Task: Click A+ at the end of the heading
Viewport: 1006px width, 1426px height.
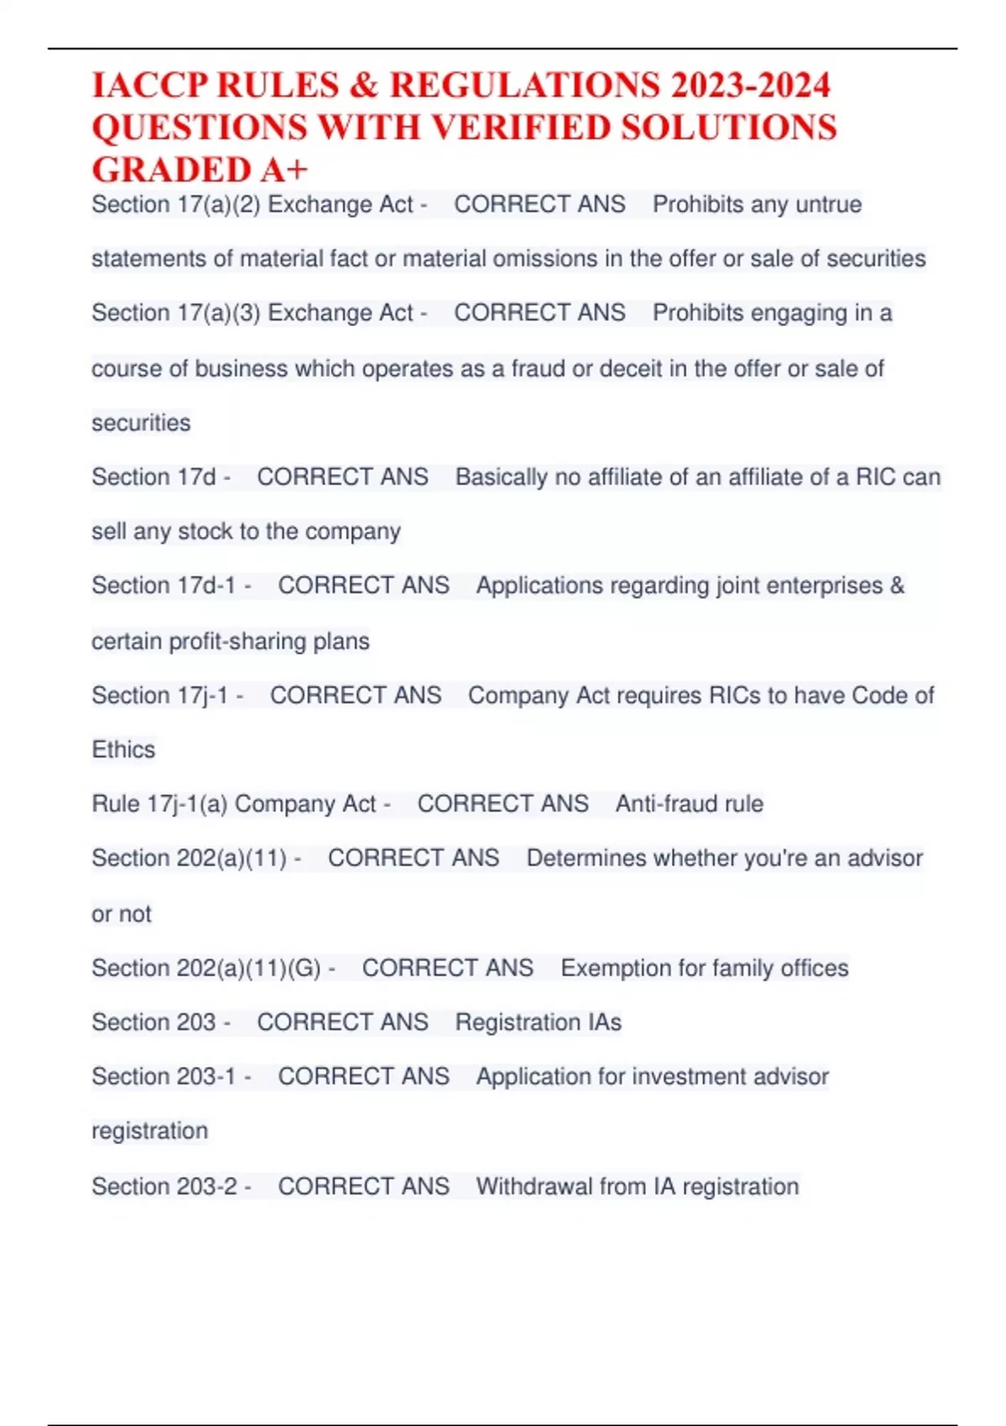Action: [284, 170]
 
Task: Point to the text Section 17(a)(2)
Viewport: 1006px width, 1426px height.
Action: [175, 205]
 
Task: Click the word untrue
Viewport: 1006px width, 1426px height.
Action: [828, 205]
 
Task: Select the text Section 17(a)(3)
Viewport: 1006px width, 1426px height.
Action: [175, 313]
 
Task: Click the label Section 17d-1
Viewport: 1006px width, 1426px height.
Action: [163, 585]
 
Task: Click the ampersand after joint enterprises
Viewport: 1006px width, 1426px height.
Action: [897, 585]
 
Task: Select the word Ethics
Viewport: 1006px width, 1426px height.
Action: [123, 750]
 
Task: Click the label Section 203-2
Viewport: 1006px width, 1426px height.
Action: [164, 1187]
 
